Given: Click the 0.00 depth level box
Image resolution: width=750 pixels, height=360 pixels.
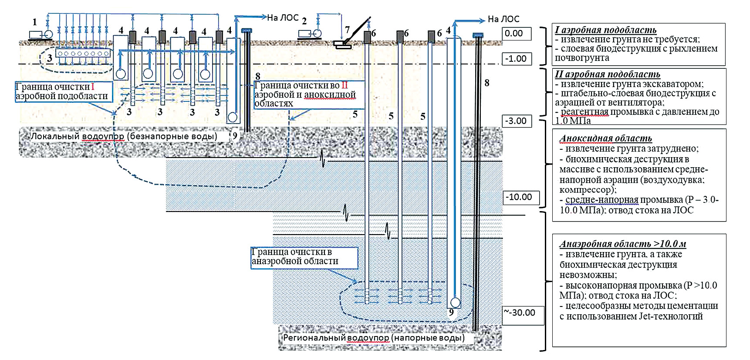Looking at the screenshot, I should click(x=517, y=34).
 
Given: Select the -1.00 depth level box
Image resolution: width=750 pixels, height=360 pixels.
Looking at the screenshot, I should click(x=517, y=59).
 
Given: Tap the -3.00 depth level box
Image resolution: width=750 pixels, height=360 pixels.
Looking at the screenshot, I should click(x=517, y=121).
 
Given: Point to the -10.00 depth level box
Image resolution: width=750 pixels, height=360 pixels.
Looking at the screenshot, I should click(x=521, y=197).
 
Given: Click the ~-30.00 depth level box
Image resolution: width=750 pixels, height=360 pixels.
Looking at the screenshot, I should click(x=523, y=313).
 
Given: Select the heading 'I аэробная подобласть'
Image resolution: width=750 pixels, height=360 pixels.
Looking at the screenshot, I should click(x=605, y=30).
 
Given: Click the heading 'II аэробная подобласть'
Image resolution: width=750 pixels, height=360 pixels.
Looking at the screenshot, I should click(x=607, y=74).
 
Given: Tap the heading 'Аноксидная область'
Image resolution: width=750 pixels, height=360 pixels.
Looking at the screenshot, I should click(x=605, y=138).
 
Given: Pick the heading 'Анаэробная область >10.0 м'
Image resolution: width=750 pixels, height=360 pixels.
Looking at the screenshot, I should click(x=623, y=244).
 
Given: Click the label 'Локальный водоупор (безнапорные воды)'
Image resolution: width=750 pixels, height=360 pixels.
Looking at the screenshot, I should click(x=124, y=136).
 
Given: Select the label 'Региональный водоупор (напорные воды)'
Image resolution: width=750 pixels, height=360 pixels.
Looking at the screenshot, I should click(x=374, y=338).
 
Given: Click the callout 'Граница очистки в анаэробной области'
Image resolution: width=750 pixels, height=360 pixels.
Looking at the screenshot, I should click(x=304, y=257).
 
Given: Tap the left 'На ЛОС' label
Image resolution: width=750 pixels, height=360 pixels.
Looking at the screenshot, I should click(x=283, y=18).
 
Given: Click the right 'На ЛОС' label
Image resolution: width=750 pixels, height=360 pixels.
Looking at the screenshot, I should click(x=503, y=19).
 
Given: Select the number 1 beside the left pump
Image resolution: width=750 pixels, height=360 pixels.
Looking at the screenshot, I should click(x=35, y=22).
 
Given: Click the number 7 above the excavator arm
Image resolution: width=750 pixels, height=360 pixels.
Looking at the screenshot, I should click(x=347, y=30).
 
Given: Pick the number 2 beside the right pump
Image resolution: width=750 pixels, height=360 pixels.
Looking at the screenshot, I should click(x=304, y=21).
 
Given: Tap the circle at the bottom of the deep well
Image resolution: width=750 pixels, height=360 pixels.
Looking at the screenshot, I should click(x=455, y=302).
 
